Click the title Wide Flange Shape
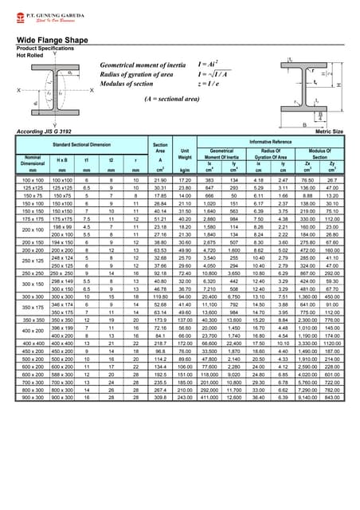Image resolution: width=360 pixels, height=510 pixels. (49, 38)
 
